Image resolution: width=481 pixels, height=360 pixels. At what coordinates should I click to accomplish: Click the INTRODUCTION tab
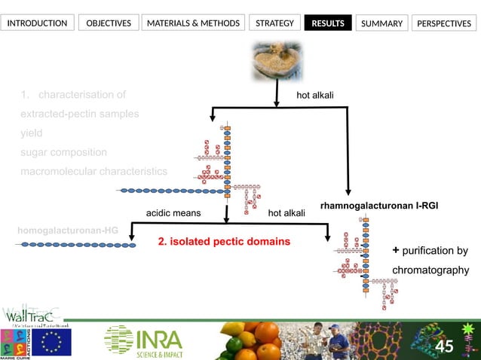click(x=37, y=23)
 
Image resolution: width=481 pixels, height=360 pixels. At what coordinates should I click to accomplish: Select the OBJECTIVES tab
click(x=109, y=23)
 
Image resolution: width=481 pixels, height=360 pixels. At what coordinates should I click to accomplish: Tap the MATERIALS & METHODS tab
click(x=194, y=23)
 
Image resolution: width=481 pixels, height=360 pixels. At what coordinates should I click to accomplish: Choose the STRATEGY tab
click(x=274, y=23)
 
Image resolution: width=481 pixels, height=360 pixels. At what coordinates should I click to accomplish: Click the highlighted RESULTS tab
click(x=328, y=23)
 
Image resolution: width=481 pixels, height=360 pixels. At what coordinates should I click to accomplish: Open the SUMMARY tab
click(x=381, y=23)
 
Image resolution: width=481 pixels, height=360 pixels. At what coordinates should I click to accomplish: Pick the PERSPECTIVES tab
click(x=444, y=23)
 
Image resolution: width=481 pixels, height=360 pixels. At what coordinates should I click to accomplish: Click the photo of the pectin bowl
click(x=277, y=61)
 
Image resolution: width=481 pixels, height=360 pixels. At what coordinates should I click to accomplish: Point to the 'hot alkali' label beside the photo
click(x=315, y=95)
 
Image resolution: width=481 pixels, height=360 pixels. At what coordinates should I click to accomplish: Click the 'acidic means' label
click(x=173, y=213)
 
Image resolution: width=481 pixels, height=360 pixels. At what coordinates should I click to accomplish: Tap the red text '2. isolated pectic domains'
click(x=224, y=242)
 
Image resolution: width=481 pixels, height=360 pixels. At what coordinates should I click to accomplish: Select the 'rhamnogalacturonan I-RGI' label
click(x=379, y=205)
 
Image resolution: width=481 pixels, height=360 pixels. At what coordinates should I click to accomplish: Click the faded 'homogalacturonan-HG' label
click(x=69, y=229)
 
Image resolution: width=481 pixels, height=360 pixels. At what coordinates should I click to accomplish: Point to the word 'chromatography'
click(x=430, y=270)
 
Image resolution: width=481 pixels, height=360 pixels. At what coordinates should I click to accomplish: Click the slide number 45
click(x=445, y=346)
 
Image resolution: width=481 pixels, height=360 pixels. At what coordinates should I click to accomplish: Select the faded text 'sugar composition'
click(x=63, y=152)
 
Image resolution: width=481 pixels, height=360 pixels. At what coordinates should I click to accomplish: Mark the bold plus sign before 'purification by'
click(x=396, y=250)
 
